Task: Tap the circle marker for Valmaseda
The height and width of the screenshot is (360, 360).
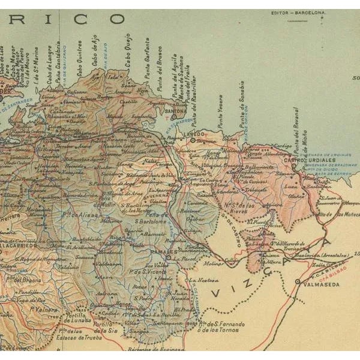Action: tap(297, 281)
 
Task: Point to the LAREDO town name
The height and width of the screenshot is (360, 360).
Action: tap(195, 134)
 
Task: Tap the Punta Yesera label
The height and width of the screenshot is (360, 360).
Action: tap(220, 110)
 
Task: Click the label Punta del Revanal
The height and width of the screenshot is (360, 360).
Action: tap(295, 130)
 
